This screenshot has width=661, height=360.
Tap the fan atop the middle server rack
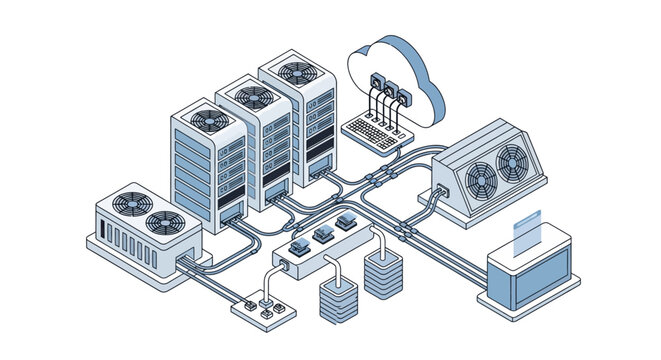pos(253,96)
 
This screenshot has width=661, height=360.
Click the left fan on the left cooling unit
pos(129,202)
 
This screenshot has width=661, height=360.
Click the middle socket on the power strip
pos(322,235)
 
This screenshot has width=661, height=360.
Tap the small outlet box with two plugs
pos(257,308)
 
